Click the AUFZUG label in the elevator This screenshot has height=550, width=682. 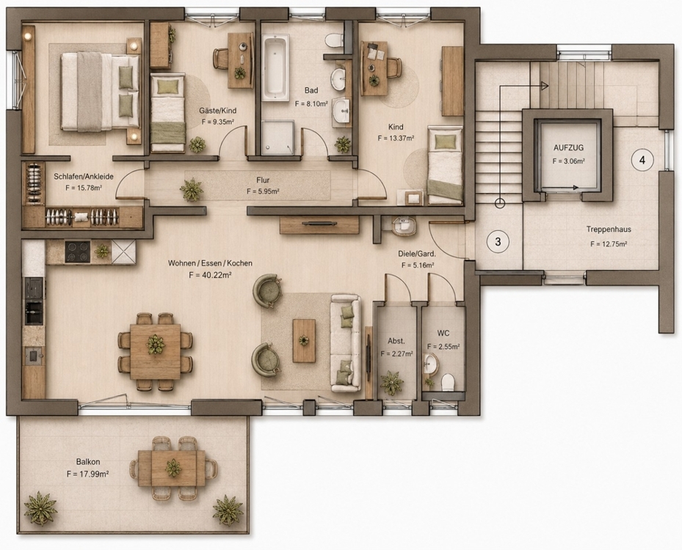(568, 147)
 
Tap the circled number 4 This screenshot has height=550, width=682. (642, 161)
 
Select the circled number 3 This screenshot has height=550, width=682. (498, 241)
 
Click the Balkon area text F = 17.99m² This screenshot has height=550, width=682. (88, 474)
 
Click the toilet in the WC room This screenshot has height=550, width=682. (448, 382)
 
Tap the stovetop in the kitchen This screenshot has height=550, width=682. (77, 252)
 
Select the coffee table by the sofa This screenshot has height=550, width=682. (304, 340)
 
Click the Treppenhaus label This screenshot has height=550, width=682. (609, 230)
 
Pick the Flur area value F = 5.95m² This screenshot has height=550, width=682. (263, 191)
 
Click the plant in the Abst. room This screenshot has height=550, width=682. (392, 382)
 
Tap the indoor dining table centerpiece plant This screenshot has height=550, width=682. (156, 345)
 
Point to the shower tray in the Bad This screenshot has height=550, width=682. (278, 137)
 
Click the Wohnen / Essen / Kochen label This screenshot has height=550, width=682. (210, 263)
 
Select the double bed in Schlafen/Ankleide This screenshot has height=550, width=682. (100, 92)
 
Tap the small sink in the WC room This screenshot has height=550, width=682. (431, 362)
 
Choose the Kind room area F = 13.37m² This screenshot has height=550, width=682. (396, 138)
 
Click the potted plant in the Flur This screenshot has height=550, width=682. (192, 189)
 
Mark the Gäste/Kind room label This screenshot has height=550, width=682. (218, 111)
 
